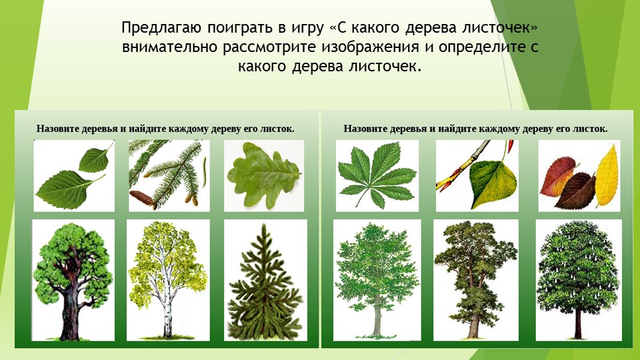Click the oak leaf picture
265,175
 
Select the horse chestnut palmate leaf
376,175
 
